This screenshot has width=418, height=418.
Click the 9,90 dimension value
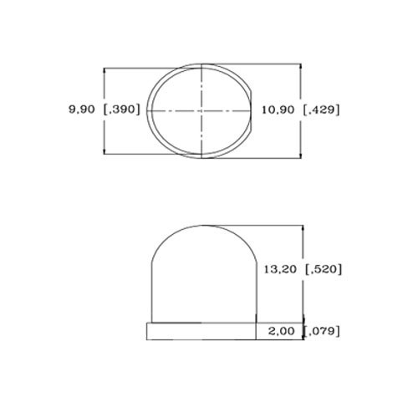[x=82, y=110]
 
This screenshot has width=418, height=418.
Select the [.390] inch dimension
[x=121, y=110]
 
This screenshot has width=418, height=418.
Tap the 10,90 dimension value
[x=278, y=110]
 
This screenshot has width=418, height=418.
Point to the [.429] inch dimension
[x=321, y=110]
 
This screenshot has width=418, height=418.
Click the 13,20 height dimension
[x=280, y=269]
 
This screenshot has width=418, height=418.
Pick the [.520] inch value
[x=324, y=269]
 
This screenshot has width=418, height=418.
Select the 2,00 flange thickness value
[x=281, y=331]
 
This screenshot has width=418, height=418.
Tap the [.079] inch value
[x=322, y=331]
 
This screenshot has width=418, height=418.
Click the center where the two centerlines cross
[x=201, y=111]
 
